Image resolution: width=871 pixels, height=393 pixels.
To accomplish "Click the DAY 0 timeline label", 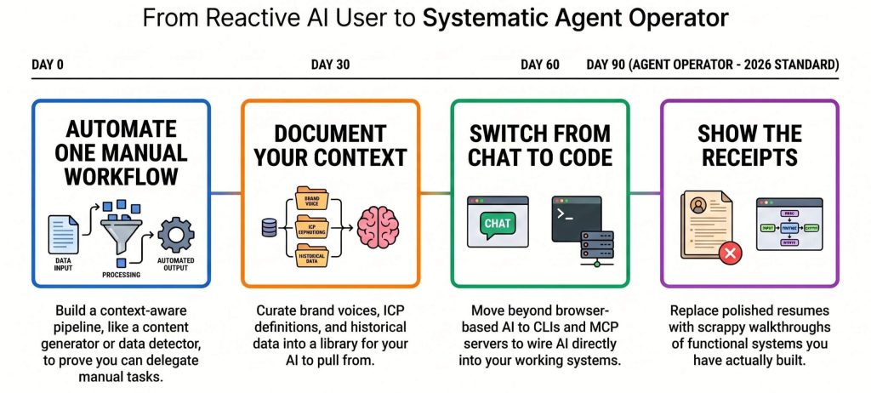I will [x=47, y=65].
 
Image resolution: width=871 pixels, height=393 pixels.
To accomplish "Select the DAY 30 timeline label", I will [x=330, y=65].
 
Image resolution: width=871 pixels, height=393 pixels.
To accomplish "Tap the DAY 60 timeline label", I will [x=539, y=65].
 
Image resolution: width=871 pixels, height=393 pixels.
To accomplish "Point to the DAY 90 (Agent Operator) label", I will [x=712, y=65].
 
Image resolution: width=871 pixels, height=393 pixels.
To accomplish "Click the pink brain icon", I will [x=378, y=228].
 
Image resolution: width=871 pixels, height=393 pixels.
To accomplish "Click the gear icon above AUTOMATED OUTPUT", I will [x=176, y=235].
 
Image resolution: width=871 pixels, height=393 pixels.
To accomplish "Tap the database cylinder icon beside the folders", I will [x=270, y=228].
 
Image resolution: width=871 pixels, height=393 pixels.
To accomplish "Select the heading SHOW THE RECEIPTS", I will [x=749, y=145].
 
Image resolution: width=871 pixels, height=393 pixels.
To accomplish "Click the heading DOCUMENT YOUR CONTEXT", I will [x=330, y=145].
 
